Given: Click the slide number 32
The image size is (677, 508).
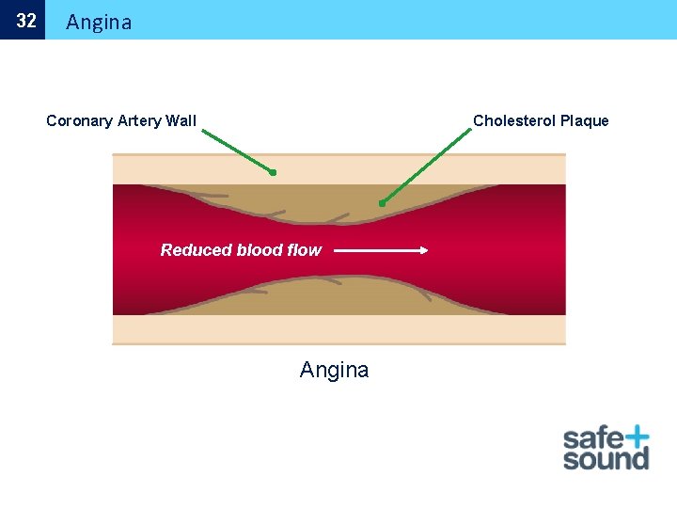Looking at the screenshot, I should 26,21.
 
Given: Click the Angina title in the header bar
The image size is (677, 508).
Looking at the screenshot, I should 99,22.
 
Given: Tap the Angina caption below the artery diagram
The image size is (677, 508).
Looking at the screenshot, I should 334,370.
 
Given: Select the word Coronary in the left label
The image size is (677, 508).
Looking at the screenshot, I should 80,120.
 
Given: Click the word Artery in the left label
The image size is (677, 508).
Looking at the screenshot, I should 139,120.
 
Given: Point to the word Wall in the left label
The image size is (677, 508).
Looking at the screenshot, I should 181,120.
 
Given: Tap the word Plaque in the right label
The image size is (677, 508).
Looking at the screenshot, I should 585,120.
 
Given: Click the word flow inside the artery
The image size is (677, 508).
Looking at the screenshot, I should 304,250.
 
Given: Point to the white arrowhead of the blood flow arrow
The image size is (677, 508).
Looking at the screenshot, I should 424,250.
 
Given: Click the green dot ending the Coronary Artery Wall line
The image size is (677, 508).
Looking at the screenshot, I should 273,173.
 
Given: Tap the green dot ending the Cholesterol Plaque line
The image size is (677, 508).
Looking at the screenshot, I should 382,203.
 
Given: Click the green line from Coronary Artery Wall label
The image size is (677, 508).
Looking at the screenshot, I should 237,151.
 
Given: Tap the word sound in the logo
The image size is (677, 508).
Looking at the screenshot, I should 606,460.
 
